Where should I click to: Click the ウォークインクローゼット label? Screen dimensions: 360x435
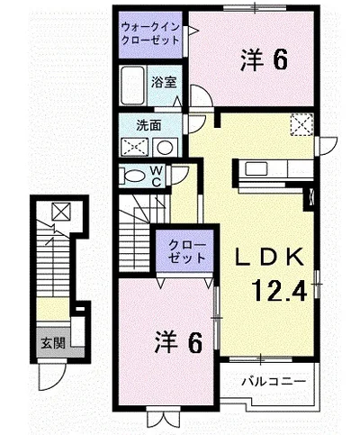[x=150, y=33]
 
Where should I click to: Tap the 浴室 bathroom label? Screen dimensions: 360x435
[x=164, y=82]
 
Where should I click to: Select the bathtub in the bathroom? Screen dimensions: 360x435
[x=132, y=86]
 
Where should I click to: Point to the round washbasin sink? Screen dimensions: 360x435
[x=166, y=148]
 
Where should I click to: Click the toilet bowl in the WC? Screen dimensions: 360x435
[x=133, y=176]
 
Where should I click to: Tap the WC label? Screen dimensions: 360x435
[x=156, y=177]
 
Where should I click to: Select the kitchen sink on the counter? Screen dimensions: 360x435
[x=256, y=169]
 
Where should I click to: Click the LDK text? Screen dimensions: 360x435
[x=269, y=258]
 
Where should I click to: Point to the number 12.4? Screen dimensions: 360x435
[x=280, y=291]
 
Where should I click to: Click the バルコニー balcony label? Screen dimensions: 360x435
[x=274, y=382]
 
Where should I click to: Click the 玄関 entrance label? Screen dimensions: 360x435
[x=53, y=342]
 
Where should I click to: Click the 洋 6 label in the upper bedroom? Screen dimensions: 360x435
[x=264, y=59]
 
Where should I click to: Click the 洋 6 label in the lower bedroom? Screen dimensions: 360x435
[x=178, y=342]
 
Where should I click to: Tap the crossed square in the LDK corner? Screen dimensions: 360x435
[x=301, y=124]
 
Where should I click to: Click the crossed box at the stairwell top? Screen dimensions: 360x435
[x=61, y=212]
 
